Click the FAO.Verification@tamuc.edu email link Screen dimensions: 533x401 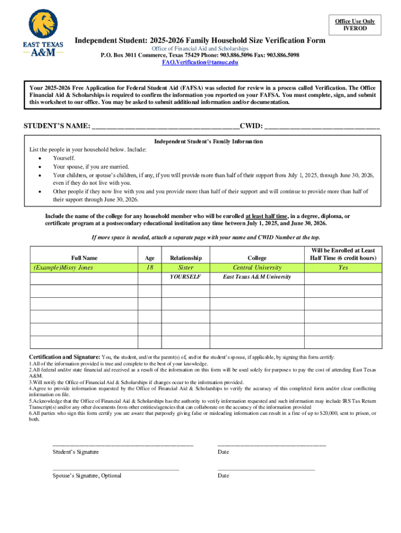click(200, 62)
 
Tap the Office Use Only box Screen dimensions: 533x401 click(355, 24)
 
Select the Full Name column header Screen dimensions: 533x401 click(84, 258)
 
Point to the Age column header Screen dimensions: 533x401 click(150, 258)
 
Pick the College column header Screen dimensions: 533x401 click(257, 258)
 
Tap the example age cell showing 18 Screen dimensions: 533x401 click(150, 268)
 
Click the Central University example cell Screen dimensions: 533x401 click(257, 268)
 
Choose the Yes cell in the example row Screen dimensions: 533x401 click(343, 268)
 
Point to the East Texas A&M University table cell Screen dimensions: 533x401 click(257, 277)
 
